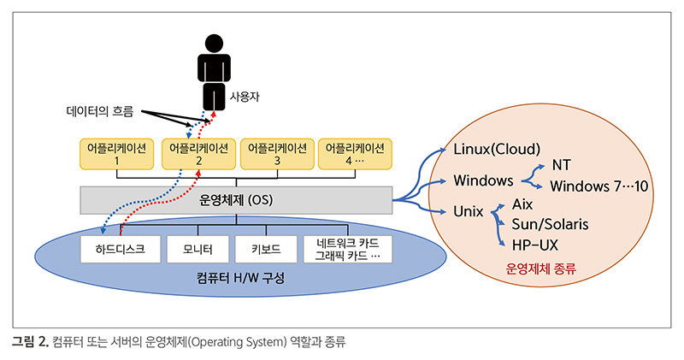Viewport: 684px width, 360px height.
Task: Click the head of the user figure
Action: pyautogui.click(x=214, y=44)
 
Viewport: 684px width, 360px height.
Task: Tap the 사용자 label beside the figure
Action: pyautogui.click(x=245, y=97)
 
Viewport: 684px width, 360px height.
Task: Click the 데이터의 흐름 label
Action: pyautogui.click(x=100, y=111)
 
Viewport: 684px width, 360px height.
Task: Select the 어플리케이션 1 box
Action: pyautogui.click(x=116, y=154)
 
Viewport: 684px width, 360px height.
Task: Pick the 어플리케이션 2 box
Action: pyautogui.click(x=198, y=154)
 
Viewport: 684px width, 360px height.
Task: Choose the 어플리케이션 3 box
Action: pyautogui.click(x=277, y=154)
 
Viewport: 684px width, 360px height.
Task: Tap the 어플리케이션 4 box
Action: pyautogui.click(x=355, y=154)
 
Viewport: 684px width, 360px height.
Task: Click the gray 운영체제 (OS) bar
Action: pyautogui.click(x=236, y=200)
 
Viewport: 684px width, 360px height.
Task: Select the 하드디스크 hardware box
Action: pyautogui.click(x=121, y=249)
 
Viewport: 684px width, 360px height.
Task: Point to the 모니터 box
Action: pyautogui.click(x=198, y=249)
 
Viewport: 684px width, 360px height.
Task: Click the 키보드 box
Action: pyautogui.click(x=266, y=249)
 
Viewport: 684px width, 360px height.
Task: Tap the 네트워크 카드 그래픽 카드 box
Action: pyautogui.click(x=348, y=249)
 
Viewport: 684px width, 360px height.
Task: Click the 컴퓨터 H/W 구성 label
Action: pyautogui.click(x=240, y=278)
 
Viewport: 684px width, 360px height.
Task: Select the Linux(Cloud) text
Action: pyautogui.click(x=497, y=150)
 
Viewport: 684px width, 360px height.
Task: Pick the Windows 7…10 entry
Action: pyautogui.click(x=599, y=186)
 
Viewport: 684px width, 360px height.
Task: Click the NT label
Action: pyautogui.click(x=562, y=165)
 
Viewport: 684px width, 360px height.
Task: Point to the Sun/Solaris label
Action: pyautogui.click(x=550, y=224)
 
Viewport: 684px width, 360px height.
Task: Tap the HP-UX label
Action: pyautogui.click(x=535, y=245)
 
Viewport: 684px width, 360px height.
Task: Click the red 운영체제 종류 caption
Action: pyautogui.click(x=541, y=268)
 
